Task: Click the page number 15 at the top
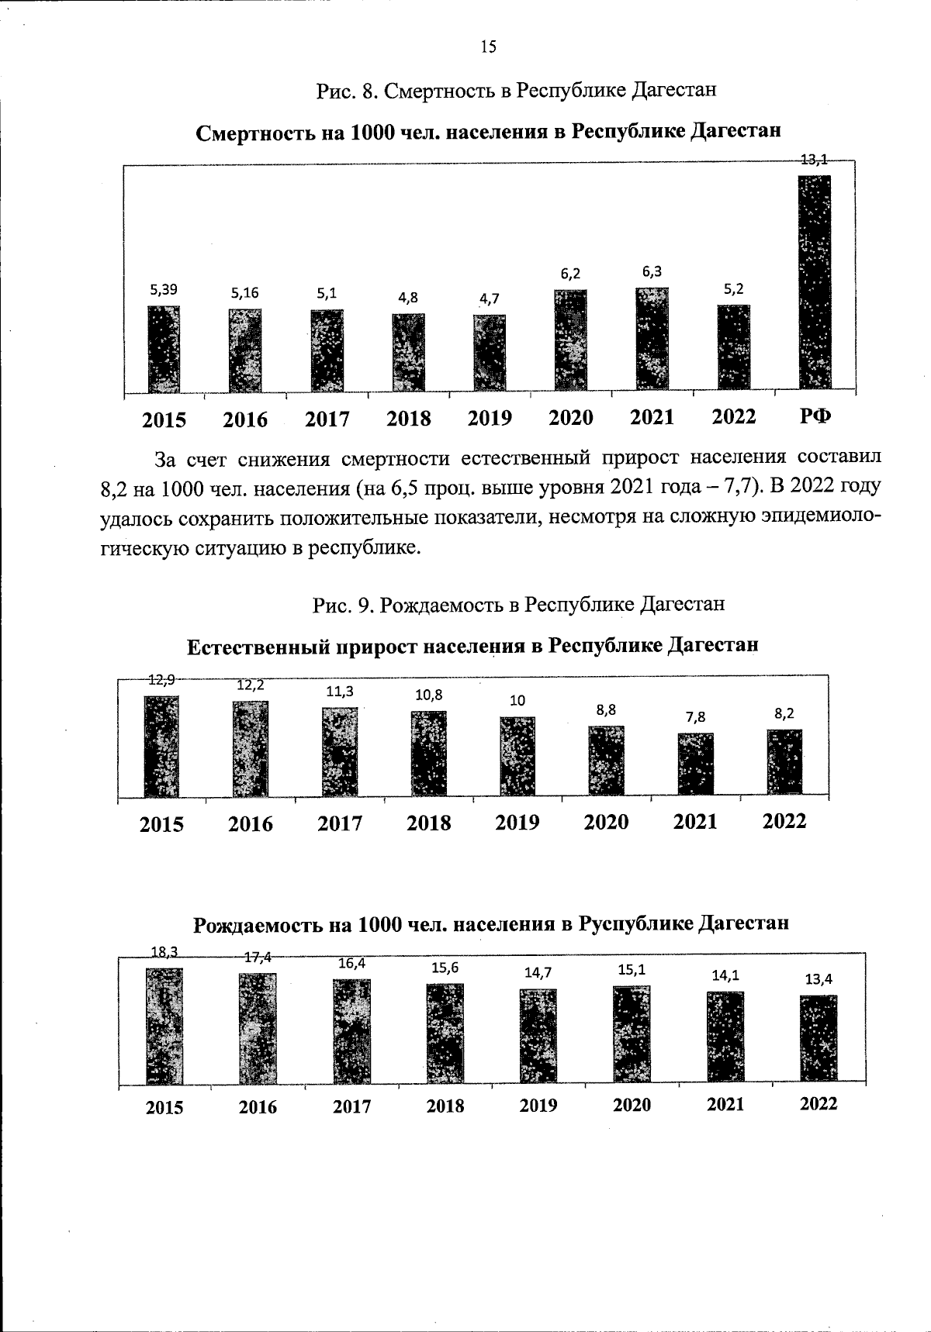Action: pyautogui.click(x=488, y=47)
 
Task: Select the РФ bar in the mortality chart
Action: pyautogui.click(x=815, y=282)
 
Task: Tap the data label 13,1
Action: pyautogui.click(x=814, y=160)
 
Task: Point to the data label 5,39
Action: pyautogui.click(x=163, y=289)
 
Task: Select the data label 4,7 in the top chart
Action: pyautogui.click(x=490, y=298)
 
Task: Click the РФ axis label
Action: pyautogui.click(x=815, y=416)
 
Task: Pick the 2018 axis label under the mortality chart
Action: pyautogui.click(x=408, y=419)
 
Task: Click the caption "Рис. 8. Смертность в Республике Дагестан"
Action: pyautogui.click(x=515, y=91)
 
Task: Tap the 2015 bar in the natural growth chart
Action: pyautogui.click(x=161, y=746)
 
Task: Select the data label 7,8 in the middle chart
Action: pyautogui.click(x=695, y=717)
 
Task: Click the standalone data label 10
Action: pyautogui.click(x=517, y=700)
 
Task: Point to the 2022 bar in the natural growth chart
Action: pyautogui.click(x=784, y=761)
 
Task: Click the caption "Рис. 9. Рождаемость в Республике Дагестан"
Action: pyautogui.click(x=518, y=604)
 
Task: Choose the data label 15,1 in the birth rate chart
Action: pyautogui.click(x=632, y=969)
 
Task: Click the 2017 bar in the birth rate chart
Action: pyautogui.click(x=351, y=1030)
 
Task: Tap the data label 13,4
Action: pyautogui.click(x=819, y=979)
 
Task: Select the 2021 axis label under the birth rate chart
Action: pyautogui.click(x=725, y=1104)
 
